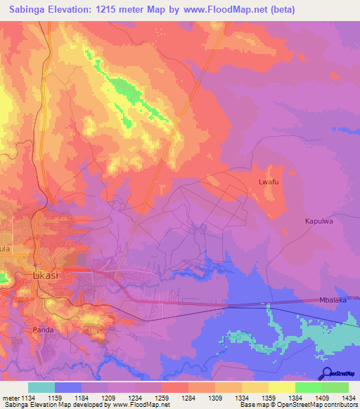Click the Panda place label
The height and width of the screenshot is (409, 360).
tap(43, 329)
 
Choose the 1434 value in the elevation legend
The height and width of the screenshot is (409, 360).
tap(347, 397)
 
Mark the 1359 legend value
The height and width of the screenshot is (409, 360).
tap(269, 397)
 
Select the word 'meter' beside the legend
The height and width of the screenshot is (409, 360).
tap(10, 397)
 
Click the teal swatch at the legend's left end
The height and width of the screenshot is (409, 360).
tap(41, 387)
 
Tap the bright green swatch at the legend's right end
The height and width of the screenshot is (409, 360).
tap(335, 387)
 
